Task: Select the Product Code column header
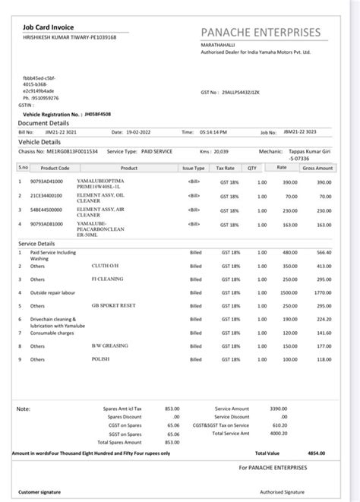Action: (x=55, y=168)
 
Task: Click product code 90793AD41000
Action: (x=46, y=182)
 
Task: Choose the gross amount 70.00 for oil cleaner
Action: (x=324, y=196)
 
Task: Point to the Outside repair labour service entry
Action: (x=54, y=292)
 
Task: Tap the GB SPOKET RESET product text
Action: (x=113, y=305)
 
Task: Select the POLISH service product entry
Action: (x=101, y=359)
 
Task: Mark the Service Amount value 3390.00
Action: (x=279, y=409)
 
